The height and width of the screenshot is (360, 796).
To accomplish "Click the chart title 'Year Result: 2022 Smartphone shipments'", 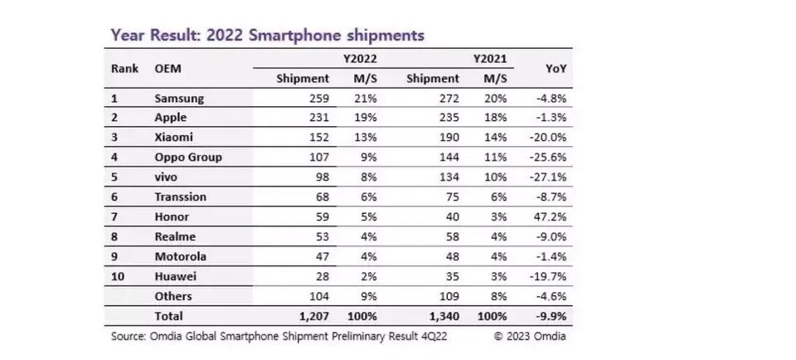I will [x=268, y=36].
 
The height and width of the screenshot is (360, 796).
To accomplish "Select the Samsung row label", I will [x=179, y=99].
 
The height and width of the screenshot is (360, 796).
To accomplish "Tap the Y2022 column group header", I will [x=361, y=60].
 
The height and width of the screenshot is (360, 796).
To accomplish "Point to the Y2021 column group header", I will [x=489, y=60].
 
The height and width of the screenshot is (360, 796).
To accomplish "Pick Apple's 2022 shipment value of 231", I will [x=319, y=119].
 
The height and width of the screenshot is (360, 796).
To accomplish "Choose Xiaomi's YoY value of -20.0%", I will [x=551, y=139].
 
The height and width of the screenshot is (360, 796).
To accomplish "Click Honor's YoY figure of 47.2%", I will [x=552, y=217].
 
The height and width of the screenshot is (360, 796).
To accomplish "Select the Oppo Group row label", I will [x=188, y=158].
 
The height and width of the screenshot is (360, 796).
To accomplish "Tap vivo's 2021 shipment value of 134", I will [x=448, y=178].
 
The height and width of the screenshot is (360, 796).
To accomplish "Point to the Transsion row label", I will [x=180, y=197].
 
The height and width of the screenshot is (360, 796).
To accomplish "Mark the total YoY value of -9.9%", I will [x=554, y=316].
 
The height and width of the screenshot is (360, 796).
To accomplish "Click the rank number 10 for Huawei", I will [x=117, y=276].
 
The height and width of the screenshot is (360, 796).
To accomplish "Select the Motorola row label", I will [x=180, y=256].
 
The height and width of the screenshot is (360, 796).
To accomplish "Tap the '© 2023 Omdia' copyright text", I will [x=530, y=336].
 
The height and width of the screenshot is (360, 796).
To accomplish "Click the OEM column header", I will [x=168, y=69].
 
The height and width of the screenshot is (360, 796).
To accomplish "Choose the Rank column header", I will [x=124, y=69].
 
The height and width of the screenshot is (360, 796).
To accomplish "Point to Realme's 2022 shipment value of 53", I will [x=323, y=237].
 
